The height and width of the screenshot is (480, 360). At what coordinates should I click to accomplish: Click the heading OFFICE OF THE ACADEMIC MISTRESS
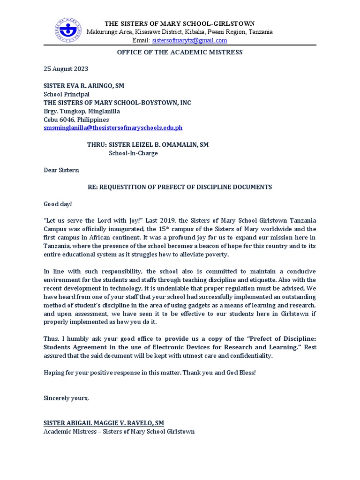pos(180,52)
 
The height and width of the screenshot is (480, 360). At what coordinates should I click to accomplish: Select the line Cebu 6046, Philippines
pos(76,120)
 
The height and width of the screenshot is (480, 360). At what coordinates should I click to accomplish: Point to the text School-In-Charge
pos(133,153)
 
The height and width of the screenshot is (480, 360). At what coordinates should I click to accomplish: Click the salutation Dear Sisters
pos(61,170)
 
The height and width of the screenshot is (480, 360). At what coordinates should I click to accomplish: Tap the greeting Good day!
pos(58,204)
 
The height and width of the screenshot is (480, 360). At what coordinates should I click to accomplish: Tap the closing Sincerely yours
pos(66,398)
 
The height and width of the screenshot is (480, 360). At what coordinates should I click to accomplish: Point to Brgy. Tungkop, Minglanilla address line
pos(82,111)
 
